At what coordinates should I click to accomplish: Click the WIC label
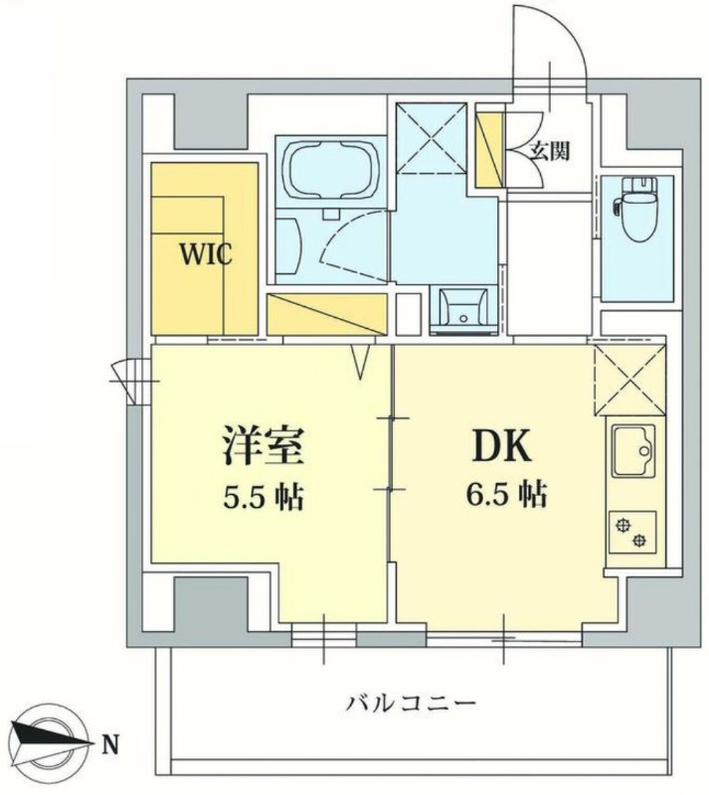click(x=205, y=255)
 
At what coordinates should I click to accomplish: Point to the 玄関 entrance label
click(x=549, y=151)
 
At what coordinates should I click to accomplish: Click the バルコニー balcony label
click(x=411, y=704)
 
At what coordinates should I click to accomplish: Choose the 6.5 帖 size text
click(x=506, y=494)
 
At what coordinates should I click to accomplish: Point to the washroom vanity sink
click(x=458, y=306)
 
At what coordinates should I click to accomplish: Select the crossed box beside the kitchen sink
click(x=628, y=379)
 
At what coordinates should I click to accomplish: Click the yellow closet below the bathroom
click(x=325, y=315)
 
